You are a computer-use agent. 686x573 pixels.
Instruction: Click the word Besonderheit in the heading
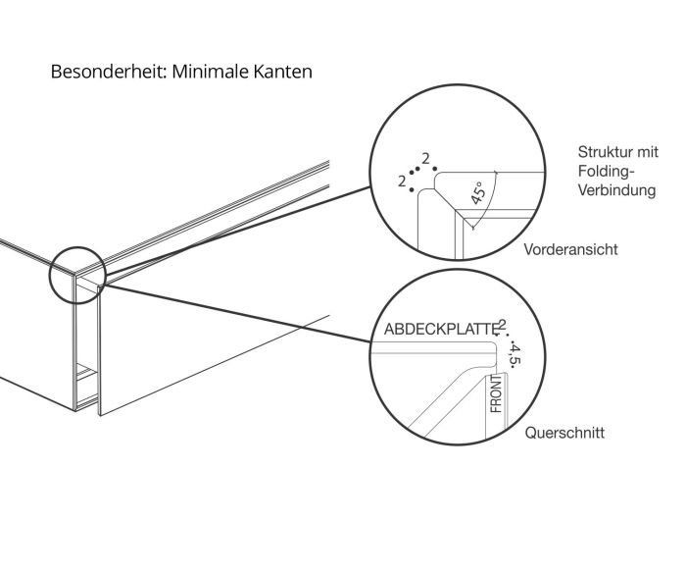[x=108, y=72]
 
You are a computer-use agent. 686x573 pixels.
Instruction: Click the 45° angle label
[x=478, y=193]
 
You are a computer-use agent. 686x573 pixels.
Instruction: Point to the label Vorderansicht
[x=570, y=249]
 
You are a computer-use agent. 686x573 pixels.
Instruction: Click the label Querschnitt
[x=564, y=433]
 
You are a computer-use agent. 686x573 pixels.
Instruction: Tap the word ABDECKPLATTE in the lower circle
[x=441, y=329]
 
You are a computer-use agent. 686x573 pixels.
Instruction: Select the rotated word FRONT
[x=497, y=393]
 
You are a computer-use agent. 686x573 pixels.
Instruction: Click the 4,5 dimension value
[x=514, y=355]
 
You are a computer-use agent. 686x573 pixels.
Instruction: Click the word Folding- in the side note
[x=606, y=172]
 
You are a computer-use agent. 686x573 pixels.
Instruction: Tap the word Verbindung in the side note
[x=616, y=190]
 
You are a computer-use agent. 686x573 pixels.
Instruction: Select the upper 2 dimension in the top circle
[x=425, y=158]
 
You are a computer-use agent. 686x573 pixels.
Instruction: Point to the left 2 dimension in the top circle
[x=402, y=181]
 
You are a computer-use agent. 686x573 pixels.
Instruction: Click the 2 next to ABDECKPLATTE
[x=502, y=325]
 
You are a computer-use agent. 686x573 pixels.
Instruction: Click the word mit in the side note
[x=648, y=152]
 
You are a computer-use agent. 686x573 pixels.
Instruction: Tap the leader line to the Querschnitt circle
[x=237, y=313]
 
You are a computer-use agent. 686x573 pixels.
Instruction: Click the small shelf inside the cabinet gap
[x=86, y=373]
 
